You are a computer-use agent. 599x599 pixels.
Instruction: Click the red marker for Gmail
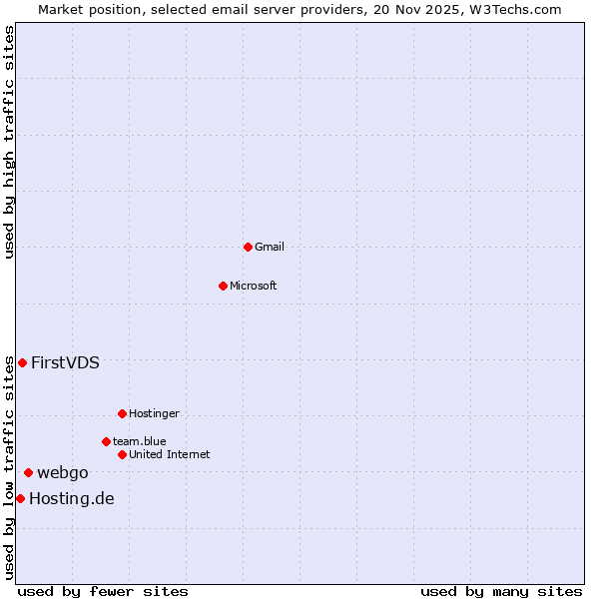click(x=248, y=247)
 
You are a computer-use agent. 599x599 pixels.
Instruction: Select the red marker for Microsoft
click(x=223, y=286)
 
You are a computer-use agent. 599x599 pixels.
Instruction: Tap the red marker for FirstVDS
click(x=22, y=362)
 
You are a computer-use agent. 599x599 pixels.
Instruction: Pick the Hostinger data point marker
click(x=122, y=413)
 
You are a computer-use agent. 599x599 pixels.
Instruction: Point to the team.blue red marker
click(x=106, y=441)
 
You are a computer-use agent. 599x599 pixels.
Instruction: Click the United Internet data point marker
click(x=122, y=454)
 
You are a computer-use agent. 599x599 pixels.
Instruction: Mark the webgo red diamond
click(x=28, y=472)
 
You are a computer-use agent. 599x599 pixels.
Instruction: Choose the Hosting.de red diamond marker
click(x=20, y=498)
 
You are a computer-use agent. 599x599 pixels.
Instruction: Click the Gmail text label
click(x=270, y=247)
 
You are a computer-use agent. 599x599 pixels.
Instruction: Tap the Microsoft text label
click(x=254, y=286)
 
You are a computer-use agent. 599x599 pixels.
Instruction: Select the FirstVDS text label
click(x=65, y=362)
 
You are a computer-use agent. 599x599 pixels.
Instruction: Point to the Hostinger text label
click(x=154, y=413)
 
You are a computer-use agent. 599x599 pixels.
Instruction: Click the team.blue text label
click(x=140, y=441)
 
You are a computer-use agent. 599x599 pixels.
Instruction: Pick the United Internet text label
click(x=170, y=454)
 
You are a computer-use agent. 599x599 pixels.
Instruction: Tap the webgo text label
click(x=63, y=472)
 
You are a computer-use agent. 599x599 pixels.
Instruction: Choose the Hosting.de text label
click(x=72, y=498)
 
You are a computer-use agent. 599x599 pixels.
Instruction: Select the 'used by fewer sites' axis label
click(x=103, y=591)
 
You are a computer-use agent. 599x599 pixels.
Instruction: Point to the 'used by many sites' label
click(x=501, y=591)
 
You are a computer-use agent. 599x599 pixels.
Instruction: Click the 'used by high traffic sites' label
click(x=10, y=142)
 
